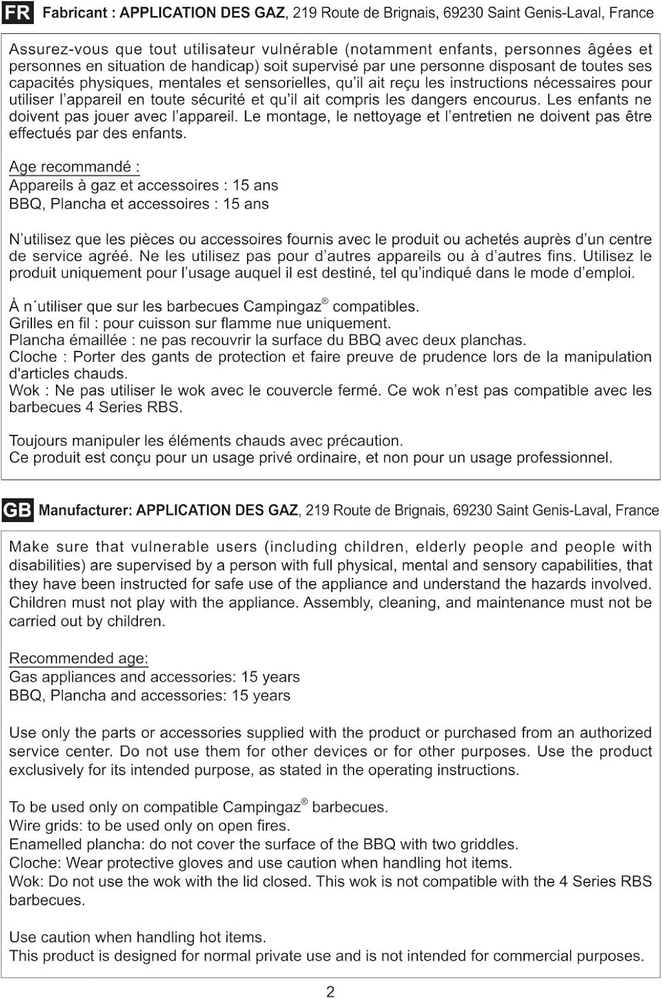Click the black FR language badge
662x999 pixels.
pos(17,13)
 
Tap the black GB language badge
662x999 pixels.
pos(17,510)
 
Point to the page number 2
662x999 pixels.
pos(330,992)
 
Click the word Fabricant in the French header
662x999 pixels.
pos(76,13)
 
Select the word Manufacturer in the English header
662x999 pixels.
pos(85,511)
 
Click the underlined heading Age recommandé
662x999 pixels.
pos(74,166)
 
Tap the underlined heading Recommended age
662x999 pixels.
pos(78,658)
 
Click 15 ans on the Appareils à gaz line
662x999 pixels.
pos(255,185)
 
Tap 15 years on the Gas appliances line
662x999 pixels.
pos(270,677)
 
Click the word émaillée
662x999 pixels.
pos(98,340)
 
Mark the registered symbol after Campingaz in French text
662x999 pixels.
pos(325,302)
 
